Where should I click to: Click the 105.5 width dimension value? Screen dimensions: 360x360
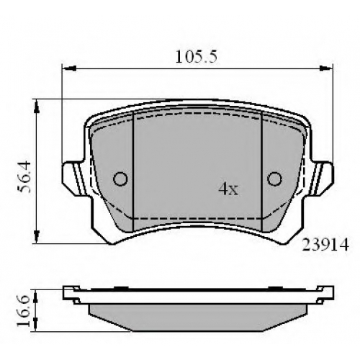click(x=197, y=57)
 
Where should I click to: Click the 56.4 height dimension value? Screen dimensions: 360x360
click(x=24, y=177)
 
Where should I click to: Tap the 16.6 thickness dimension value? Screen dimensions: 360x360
click(x=24, y=311)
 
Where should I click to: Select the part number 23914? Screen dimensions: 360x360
click(x=325, y=245)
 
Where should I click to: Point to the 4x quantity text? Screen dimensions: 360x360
click(x=228, y=189)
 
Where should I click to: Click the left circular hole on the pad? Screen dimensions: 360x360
click(x=120, y=179)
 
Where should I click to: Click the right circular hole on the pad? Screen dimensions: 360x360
click(x=274, y=179)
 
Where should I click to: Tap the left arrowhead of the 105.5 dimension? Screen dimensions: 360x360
click(x=69, y=68)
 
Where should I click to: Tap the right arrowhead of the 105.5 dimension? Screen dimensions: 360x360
click(x=326, y=68)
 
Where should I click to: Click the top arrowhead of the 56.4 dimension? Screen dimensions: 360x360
click(x=37, y=107)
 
